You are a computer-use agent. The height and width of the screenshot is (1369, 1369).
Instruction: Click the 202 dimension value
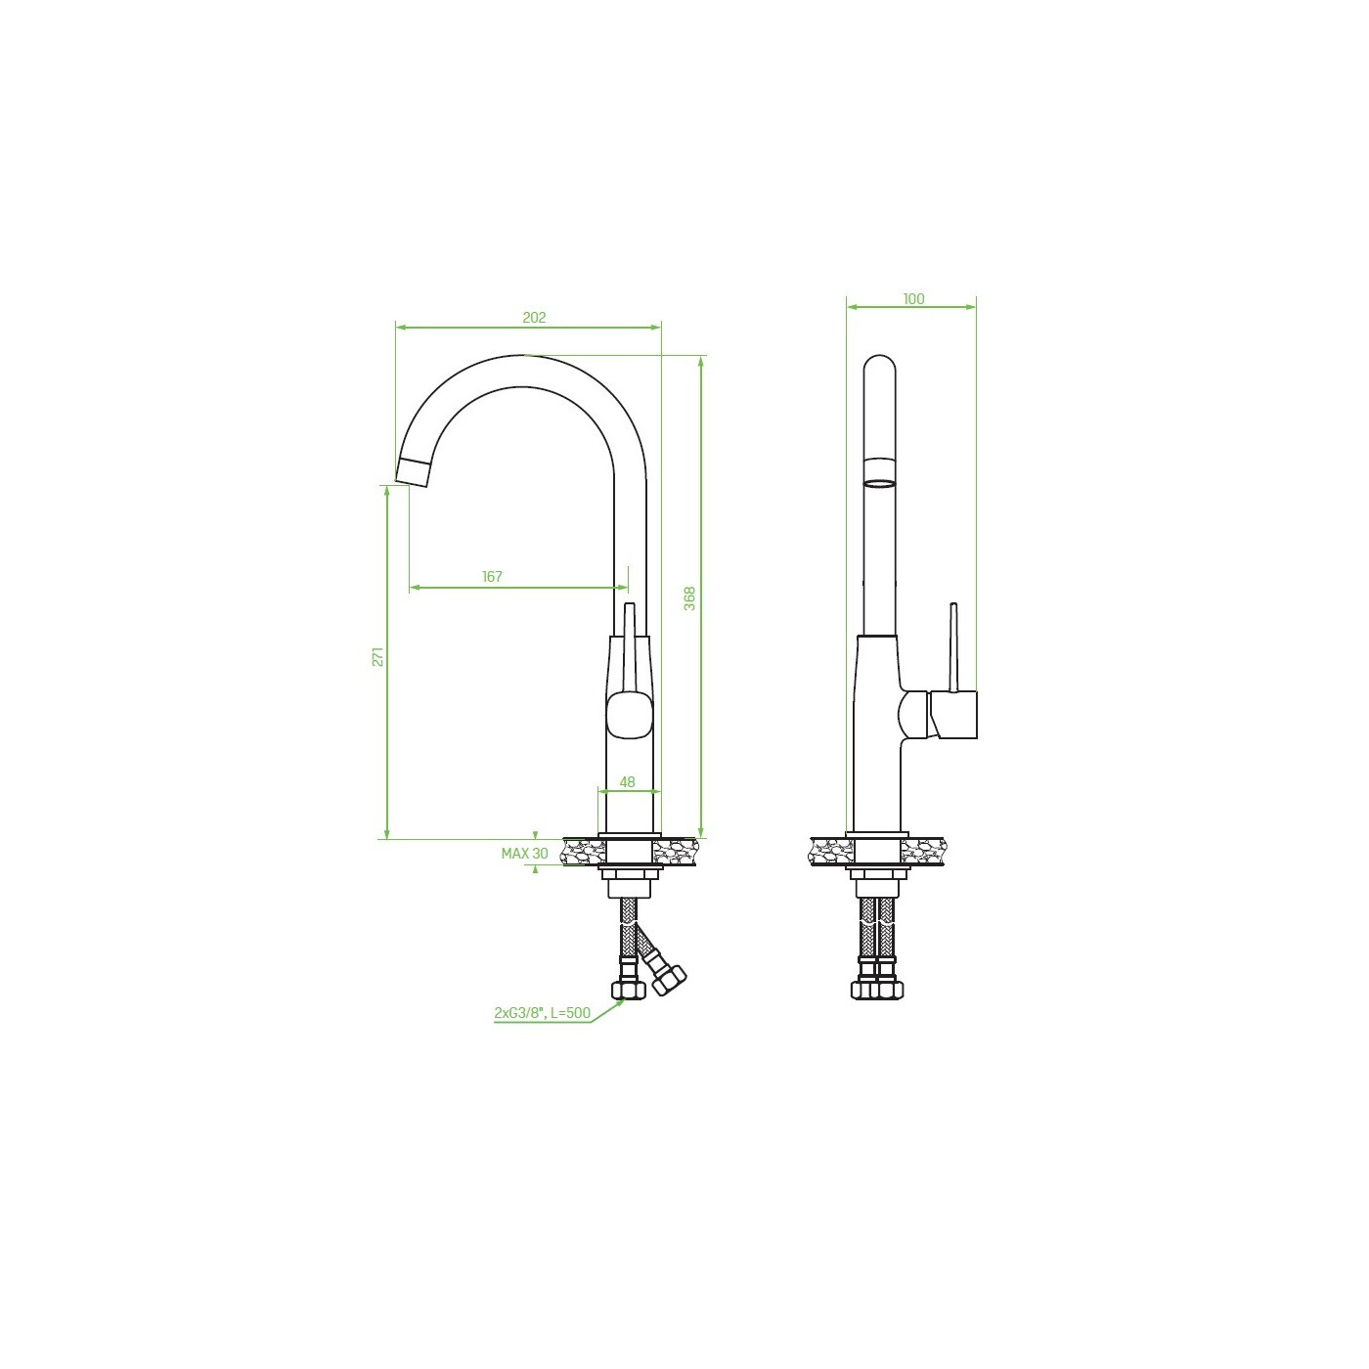[534, 318]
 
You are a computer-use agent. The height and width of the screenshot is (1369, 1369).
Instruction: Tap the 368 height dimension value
[689, 598]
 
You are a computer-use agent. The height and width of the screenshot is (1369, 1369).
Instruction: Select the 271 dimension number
[378, 656]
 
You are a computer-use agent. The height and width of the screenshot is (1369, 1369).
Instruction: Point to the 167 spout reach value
[492, 577]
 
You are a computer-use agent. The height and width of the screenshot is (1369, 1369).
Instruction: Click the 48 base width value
[627, 782]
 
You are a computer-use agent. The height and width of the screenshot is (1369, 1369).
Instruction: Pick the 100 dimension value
[913, 299]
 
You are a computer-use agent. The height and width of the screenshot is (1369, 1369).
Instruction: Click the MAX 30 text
[524, 854]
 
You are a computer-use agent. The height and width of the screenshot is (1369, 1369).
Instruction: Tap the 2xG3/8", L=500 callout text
[542, 1012]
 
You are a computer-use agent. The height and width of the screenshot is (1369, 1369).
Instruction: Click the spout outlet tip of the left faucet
[412, 472]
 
